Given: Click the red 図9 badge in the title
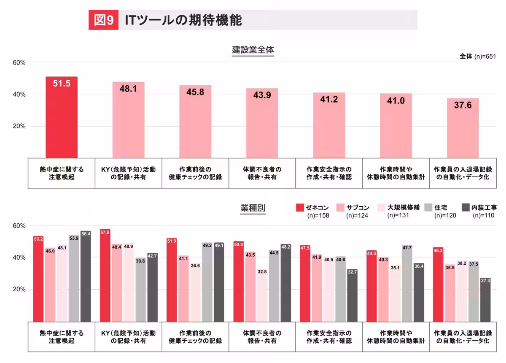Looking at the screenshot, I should [x=103, y=20].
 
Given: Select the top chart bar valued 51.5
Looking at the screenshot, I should [x=62, y=118].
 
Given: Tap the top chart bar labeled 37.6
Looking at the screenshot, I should [x=463, y=129].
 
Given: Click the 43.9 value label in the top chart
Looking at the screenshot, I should [x=261, y=95].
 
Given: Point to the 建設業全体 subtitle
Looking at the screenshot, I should [x=253, y=50].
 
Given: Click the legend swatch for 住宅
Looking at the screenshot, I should [x=429, y=207].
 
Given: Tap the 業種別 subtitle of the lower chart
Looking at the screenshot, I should [x=253, y=208].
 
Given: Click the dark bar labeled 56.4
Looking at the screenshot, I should [x=86, y=279].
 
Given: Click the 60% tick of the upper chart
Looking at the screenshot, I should [x=19, y=62].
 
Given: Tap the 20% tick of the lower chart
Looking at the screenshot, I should [x=19, y=289].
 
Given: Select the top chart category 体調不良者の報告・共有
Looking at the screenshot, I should [x=262, y=173].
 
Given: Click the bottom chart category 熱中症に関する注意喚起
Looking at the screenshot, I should [x=62, y=337].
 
